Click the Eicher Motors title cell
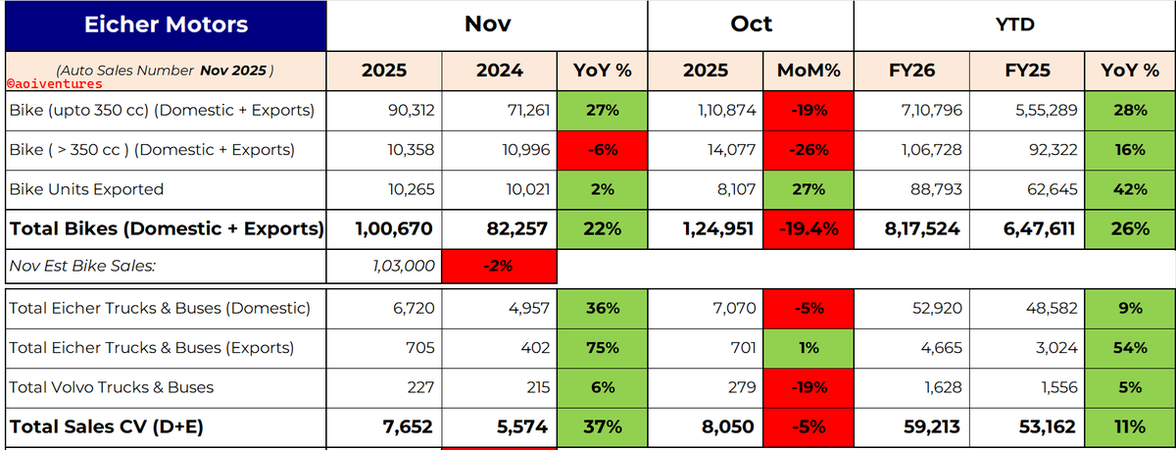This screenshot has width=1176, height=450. point(166,25)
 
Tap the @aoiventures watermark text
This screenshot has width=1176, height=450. point(55,84)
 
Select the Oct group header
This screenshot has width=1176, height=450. point(751,25)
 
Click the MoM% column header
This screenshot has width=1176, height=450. point(808,71)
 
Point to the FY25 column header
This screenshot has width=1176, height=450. point(1027,71)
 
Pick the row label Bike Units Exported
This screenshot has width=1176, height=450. point(86,189)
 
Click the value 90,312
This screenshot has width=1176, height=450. point(411,110)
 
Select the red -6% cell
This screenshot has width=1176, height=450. point(602,150)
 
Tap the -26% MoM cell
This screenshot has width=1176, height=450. point(808,150)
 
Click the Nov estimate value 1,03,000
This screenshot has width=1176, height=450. point(403,267)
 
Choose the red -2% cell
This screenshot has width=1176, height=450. point(499,267)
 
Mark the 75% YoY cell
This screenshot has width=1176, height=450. point(602,348)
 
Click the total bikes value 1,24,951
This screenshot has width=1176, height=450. point(717,229)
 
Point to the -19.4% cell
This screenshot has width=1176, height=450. point(808,229)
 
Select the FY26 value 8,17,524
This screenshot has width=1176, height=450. point(922,229)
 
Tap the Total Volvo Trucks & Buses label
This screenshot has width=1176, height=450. point(112,387)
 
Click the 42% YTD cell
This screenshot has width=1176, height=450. point(1130,189)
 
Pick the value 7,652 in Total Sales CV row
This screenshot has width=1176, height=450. point(408,426)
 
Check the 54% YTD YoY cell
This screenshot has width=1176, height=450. point(1130,348)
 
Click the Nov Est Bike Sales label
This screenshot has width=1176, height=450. point(82,267)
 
